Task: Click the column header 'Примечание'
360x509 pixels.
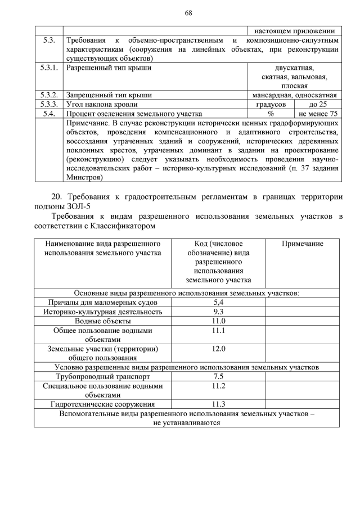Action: [x=302, y=244]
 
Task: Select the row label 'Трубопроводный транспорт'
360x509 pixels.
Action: [x=102, y=376]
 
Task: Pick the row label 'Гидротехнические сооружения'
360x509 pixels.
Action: [x=102, y=404]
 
